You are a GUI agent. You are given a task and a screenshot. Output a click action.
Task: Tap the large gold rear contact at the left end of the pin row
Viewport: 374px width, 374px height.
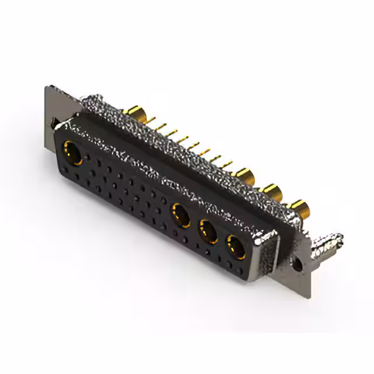click(x=136, y=112)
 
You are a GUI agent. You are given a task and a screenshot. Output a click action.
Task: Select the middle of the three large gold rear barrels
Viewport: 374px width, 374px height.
click(x=272, y=191)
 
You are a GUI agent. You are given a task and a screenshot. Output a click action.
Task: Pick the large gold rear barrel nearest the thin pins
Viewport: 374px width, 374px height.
click(x=244, y=174)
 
